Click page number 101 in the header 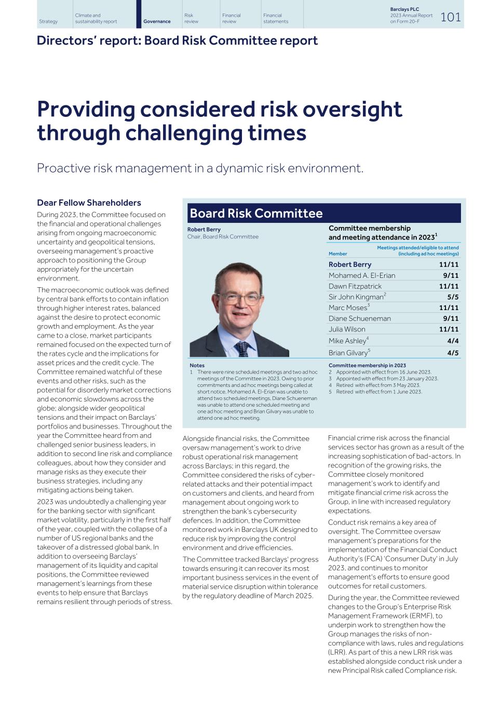pyautogui.click(x=450, y=17)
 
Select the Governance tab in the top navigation pyautogui.click(x=157, y=21)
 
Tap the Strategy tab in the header pyautogui.click(x=48, y=21)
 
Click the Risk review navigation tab pyautogui.click(x=191, y=18)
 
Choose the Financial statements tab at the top pyautogui.click(x=275, y=18)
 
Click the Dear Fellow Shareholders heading pyautogui.click(x=89, y=203)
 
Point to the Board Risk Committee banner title pyautogui.click(x=256, y=213)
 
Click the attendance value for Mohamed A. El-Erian pyautogui.click(x=450, y=276)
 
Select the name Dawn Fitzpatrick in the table pyautogui.click(x=355, y=286)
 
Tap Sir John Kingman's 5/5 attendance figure pyautogui.click(x=453, y=297)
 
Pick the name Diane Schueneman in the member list pyautogui.click(x=359, y=318)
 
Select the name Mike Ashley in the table pyautogui.click(x=347, y=341)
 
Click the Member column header pyautogui.click(x=337, y=254)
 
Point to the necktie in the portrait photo pyautogui.click(x=242, y=348)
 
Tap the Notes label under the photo pyautogui.click(x=197, y=366)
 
